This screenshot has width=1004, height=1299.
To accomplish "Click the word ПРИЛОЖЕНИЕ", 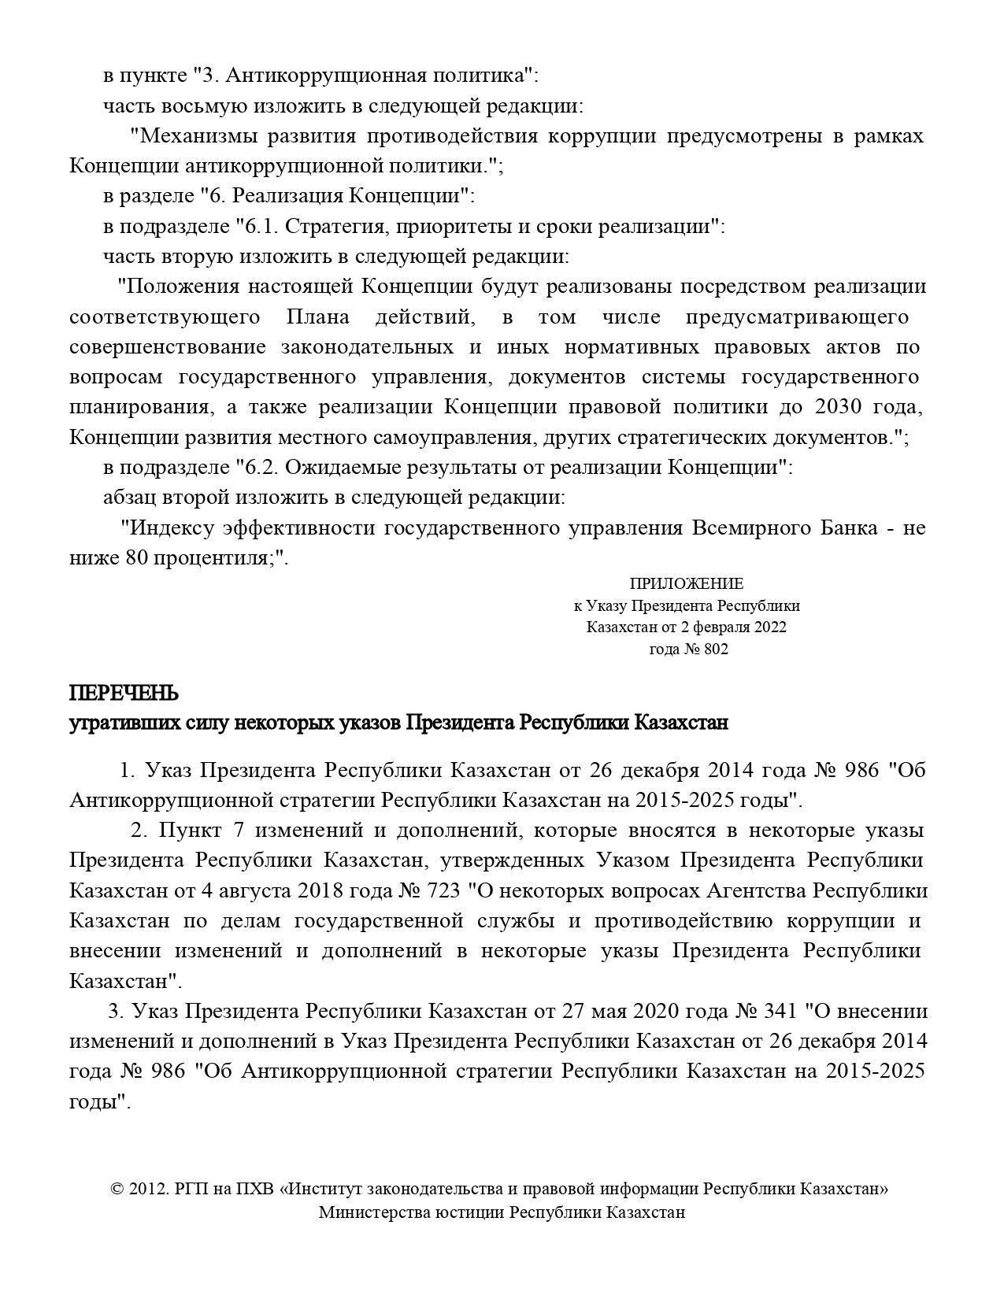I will [686, 583].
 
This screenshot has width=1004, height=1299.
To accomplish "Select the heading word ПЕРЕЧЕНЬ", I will [124, 694].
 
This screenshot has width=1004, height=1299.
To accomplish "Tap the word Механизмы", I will [198, 136].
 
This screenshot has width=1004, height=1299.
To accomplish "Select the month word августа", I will [254, 890].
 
